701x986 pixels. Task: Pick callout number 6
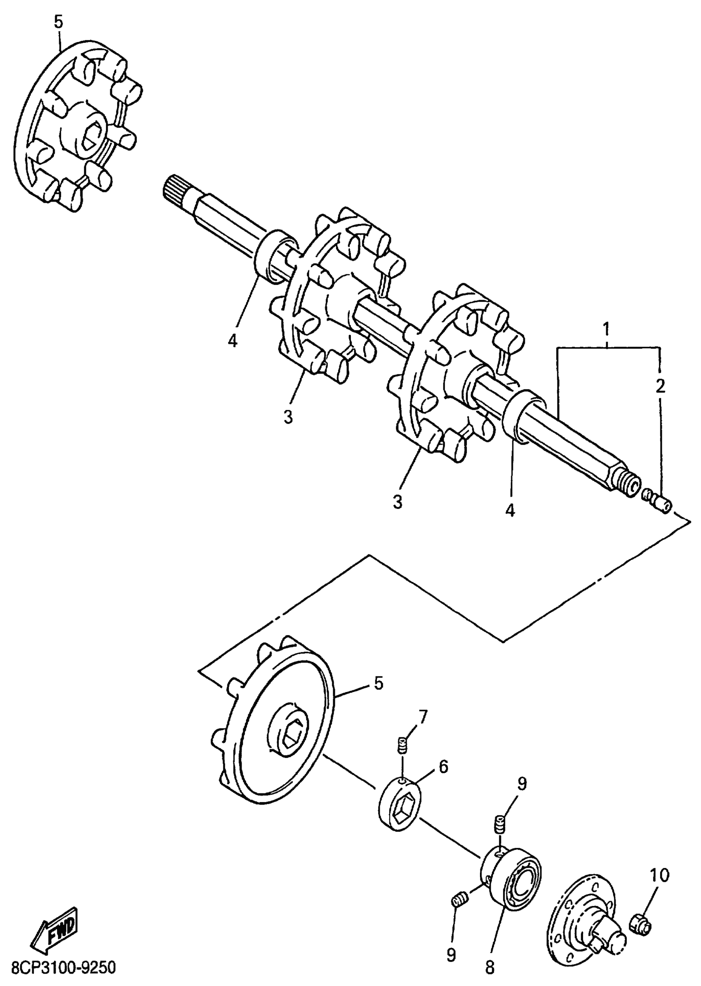tap(443, 767)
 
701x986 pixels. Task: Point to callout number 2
tap(660, 386)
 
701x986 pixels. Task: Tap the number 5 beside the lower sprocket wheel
tap(378, 684)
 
